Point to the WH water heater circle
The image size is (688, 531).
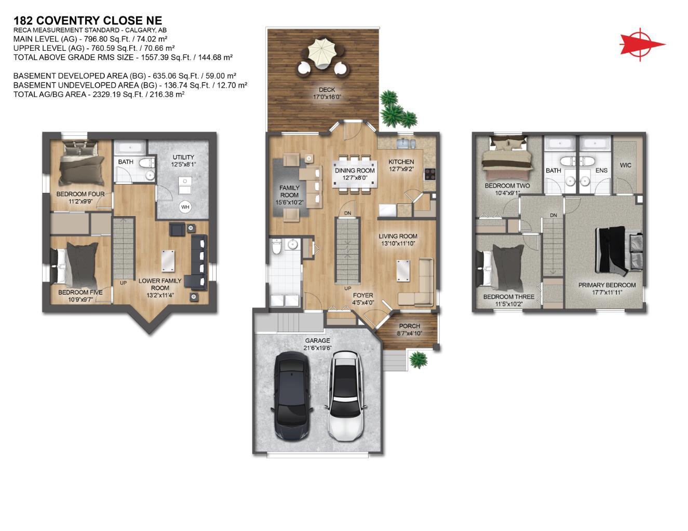click(x=185, y=207)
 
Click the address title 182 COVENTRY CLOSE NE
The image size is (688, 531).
click(x=87, y=21)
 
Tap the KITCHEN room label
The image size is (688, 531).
click(x=401, y=162)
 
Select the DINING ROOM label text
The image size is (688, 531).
click(x=355, y=171)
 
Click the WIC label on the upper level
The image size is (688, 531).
click(x=626, y=165)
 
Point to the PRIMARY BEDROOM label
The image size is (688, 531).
click(x=607, y=285)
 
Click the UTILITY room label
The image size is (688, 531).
click(x=183, y=158)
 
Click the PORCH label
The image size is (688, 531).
click(x=409, y=326)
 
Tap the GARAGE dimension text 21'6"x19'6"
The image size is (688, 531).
click(x=318, y=348)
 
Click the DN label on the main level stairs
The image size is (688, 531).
click(x=347, y=213)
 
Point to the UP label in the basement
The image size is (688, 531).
click(x=124, y=283)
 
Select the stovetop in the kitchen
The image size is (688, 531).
click(x=430, y=174)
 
